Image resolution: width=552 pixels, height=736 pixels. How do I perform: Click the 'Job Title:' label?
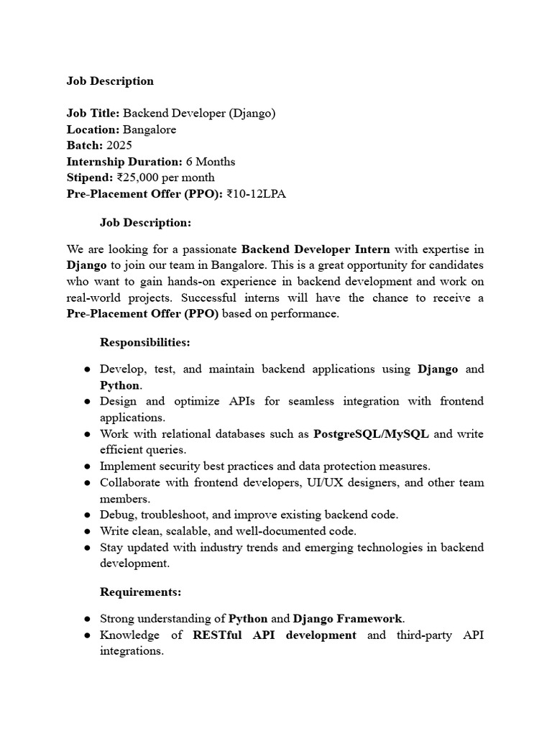[93, 114]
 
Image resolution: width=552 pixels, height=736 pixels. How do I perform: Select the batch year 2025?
[119, 145]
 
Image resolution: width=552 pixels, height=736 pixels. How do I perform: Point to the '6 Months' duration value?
[211, 162]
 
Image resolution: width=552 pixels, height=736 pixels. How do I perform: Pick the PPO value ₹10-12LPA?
[256, 194]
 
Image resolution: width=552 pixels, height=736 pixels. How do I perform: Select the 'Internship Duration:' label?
[124, 162]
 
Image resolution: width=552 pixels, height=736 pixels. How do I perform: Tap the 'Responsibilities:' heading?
[144, 342]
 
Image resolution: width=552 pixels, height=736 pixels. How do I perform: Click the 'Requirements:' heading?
[140, 592]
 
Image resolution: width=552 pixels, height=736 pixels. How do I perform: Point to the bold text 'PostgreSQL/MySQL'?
[372, 434]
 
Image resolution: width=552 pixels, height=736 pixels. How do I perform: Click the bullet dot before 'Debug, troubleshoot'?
[86, 515]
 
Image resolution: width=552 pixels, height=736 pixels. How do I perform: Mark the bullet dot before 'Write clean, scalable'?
[86, 532]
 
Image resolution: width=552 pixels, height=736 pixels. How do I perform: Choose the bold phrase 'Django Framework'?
[348, 618]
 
